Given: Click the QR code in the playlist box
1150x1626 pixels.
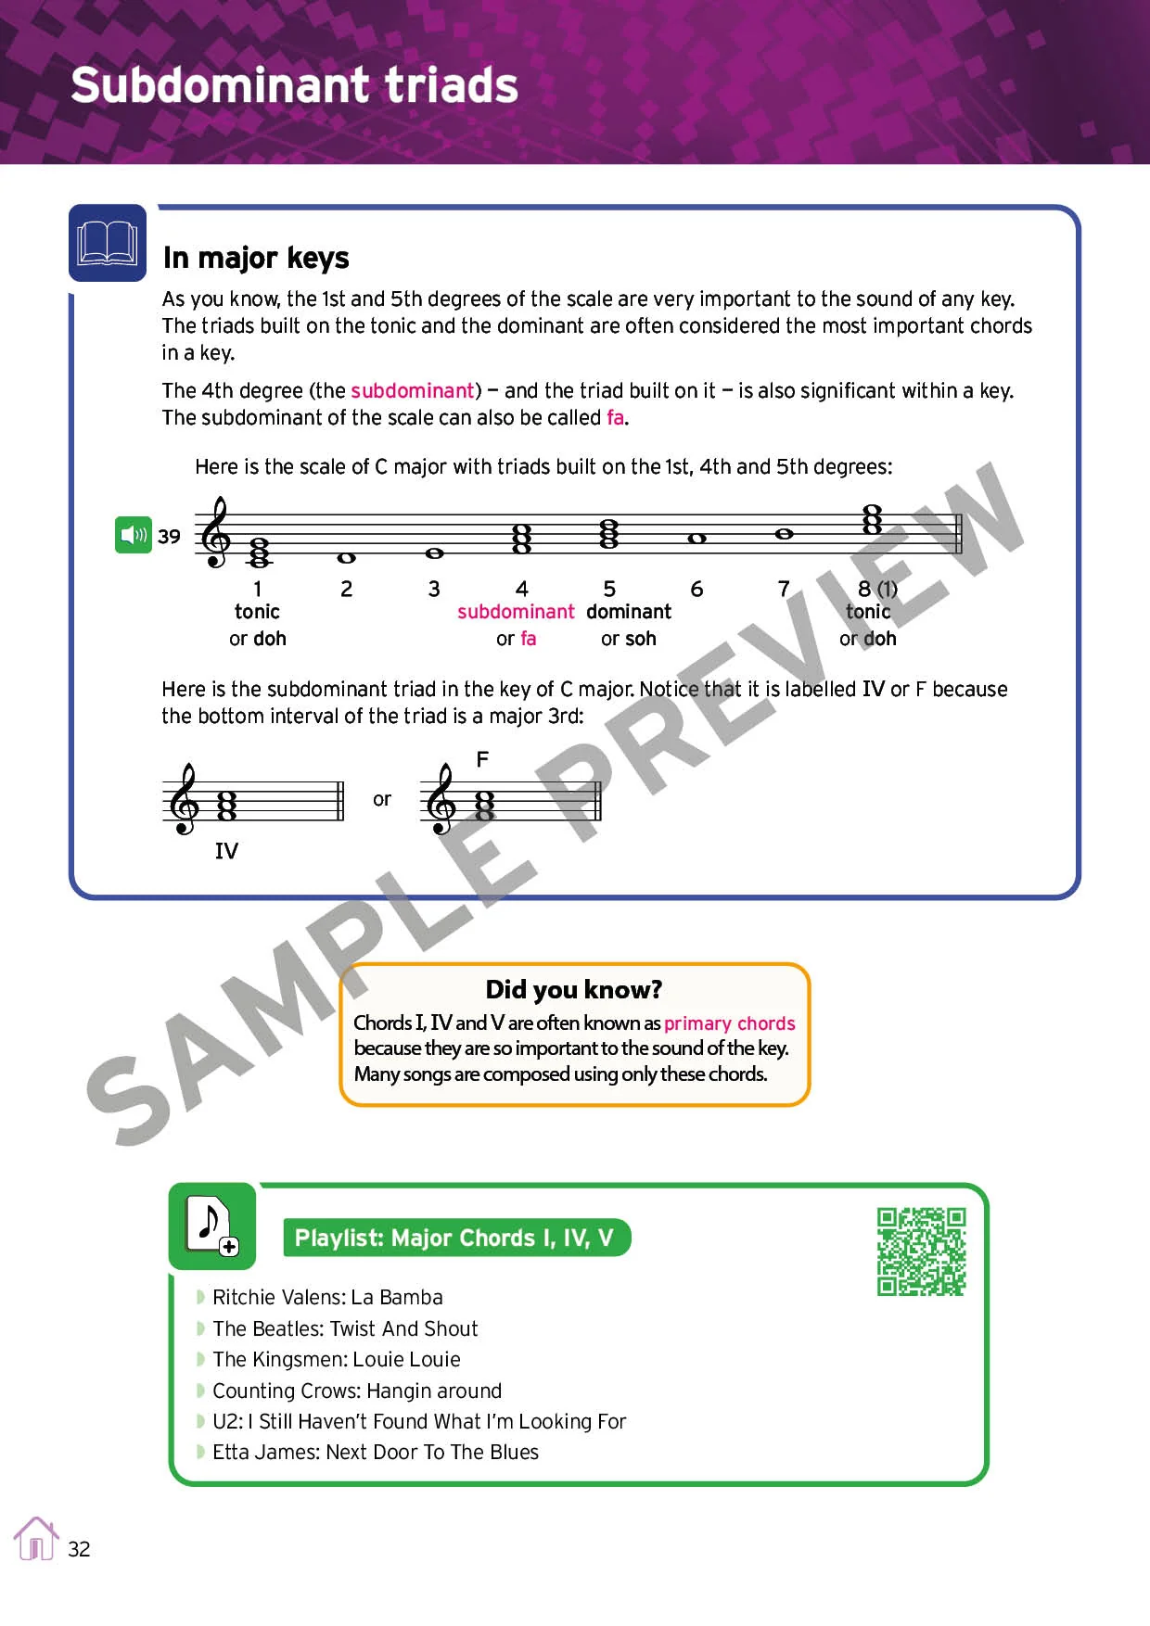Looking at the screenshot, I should pyautogui.click(x=921, y=1251).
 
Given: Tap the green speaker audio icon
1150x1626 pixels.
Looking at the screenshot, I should pyautogui.click(x=134, y=535).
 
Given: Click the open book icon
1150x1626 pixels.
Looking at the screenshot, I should pyautogui.click(x=108, y=243).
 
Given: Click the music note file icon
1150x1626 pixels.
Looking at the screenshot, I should pyautogui.click(x=212, y=1226).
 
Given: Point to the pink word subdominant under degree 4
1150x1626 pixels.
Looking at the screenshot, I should pyautogui.click(x=516, y=612).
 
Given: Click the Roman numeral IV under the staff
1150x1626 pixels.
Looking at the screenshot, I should pyautogui.click(x=226, y=851).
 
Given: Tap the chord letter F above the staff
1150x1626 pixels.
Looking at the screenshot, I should pyautogui.click(x=482, y=760).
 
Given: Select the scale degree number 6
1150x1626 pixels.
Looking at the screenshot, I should pyautogui.click(x=696, y=589).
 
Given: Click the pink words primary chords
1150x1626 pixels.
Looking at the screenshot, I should pyautogui.click(x=729, y=1023).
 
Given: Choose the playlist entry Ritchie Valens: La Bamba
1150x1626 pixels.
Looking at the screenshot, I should pyautogui.click(x=327, y=1297).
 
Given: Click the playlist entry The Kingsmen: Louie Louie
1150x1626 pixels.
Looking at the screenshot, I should pyautogui.click(x=336, y=1359).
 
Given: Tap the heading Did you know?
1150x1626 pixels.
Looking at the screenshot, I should pyautogui.click(x=573, y=989).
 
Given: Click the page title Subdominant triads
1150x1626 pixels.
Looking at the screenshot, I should pyautogui.click(x=294, y=85).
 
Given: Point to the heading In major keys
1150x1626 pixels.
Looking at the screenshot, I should pyautogui.click(x=256, y=258).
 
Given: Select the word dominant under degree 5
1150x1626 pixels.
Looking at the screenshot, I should pyautogui.click(x=628, y=612).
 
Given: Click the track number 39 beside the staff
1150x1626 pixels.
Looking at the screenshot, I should pyautogui.click(x=169, y=537).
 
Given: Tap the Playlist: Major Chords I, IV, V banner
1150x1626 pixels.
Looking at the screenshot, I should pyautogui.click(x=454, y=1239).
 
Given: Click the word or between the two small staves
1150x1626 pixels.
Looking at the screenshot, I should pyautogui.click(x=382, y=799).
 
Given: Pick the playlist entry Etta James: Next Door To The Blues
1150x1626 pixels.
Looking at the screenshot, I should pyautogui.click(x=375, y=1452).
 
